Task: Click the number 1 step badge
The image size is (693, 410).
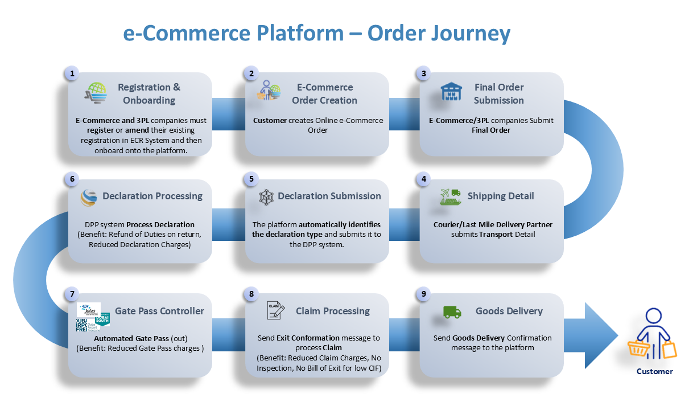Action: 72,73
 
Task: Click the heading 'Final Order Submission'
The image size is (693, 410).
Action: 499,94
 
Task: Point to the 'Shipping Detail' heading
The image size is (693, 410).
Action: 501,196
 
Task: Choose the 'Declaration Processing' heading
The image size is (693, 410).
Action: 152,196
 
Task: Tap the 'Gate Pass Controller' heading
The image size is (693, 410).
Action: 159,311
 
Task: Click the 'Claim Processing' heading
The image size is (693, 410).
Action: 333,311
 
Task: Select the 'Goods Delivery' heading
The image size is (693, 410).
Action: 509,311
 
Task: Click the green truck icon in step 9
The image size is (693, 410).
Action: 452,311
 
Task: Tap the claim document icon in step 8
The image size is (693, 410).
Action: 275,311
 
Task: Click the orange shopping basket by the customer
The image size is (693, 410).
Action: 638,348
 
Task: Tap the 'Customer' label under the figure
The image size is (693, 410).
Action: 654,371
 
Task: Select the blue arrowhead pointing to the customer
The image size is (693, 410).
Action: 600,335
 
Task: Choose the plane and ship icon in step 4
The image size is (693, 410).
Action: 451,196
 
